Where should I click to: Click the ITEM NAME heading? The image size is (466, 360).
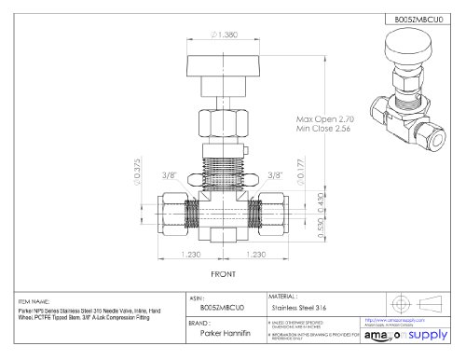coord(36,301)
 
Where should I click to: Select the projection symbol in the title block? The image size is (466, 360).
coord(410,302)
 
